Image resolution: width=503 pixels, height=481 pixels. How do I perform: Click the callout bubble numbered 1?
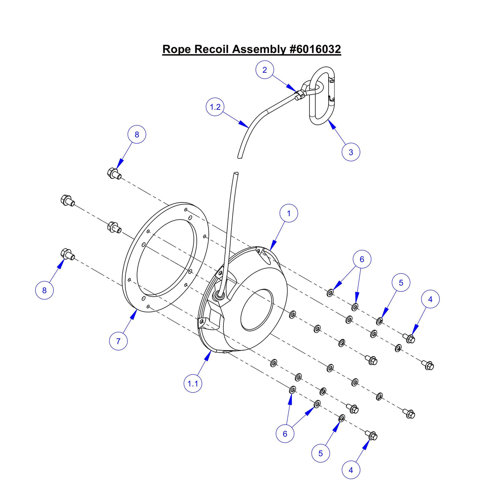(289, 213)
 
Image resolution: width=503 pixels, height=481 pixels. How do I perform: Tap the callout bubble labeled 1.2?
(215, 107)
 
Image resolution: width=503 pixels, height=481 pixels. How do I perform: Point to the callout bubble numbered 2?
(265, 70)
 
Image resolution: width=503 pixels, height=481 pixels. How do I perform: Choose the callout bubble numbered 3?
(351, 152)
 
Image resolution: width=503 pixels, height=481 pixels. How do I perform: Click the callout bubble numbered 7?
(118, 341)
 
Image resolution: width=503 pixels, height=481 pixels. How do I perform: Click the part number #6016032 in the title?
(315, 49)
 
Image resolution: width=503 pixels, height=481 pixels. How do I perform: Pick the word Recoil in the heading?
(212, 49)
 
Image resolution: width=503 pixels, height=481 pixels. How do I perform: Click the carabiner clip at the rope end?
(323, 96)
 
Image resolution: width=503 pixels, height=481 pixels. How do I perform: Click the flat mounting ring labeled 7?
(132, 264)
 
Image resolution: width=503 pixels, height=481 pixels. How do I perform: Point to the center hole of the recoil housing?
(257, 310)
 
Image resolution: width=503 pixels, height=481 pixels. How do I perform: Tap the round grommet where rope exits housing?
(220, 295)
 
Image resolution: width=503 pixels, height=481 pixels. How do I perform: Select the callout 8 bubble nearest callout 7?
(45, 290)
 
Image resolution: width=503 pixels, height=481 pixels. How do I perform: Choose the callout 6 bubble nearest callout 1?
(362, 259)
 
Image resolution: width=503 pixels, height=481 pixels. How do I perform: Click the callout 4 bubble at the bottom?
(351, 470)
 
